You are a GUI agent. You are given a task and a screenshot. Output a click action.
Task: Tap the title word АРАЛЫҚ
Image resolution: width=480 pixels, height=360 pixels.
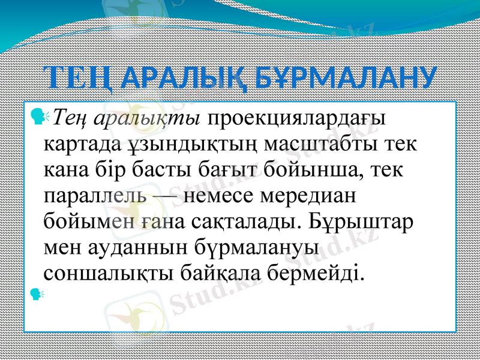[183, 78]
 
